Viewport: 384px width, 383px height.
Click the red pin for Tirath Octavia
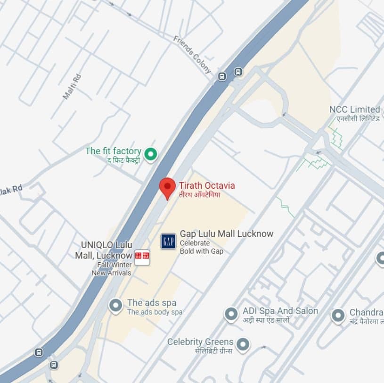click(167, 188)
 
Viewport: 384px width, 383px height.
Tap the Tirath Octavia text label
click(206, 186)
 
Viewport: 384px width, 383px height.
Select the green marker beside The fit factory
click(150, 153)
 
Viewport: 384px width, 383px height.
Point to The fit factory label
click(113, 151)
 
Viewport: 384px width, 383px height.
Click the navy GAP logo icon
click(168, 241)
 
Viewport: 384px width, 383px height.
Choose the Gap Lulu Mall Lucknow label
click(226, 234)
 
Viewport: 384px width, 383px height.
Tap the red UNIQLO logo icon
click(142, 256)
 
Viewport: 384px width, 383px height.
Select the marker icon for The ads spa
click(115, 306)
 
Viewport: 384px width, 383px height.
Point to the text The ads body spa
click(155, 312)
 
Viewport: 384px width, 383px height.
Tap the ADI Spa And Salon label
click(280, 311)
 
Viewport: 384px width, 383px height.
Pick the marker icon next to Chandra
click(338, 315)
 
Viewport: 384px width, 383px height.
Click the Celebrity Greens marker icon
click(243, 345)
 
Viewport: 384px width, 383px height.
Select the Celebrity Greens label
click(200, 341)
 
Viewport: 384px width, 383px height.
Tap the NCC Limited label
click(354, 109)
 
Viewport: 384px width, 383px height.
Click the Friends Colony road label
click(192, 54)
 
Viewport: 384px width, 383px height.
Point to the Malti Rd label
click(72, 86)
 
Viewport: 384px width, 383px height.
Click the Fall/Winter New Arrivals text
click(112, 269)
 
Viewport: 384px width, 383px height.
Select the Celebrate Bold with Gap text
click(201, 247)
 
